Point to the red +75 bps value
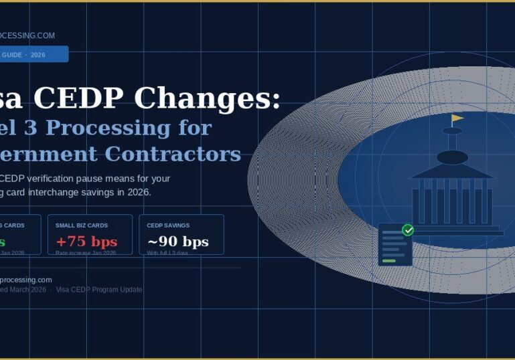(86, 242)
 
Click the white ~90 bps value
(177, 242)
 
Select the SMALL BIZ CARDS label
(82, 226)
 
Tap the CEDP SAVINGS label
(168, 226)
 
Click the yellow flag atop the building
(457, 118)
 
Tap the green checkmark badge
(407, 230)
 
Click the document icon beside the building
(394, 246)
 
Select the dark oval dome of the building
(452, 157)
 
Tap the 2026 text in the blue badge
(38, 55)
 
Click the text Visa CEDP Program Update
(99, 290)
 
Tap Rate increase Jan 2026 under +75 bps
(86, 253)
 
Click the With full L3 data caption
(167, 253)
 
